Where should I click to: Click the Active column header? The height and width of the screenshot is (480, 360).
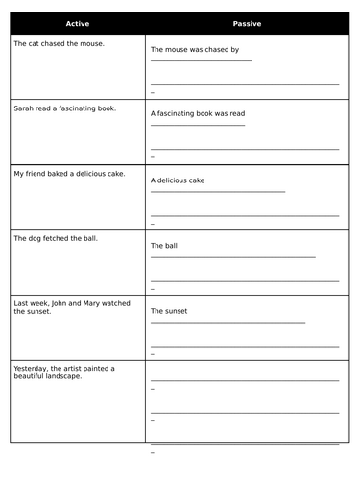coord(78,23)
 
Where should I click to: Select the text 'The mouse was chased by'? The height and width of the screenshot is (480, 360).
coord(195,49)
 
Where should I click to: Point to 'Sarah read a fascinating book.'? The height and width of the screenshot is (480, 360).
coord(65,108)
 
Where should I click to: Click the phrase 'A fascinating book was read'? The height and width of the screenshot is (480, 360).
coord(198,113)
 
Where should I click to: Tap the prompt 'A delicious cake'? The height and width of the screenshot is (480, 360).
coord(178,180)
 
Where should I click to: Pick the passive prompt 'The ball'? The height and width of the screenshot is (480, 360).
coord(164,246)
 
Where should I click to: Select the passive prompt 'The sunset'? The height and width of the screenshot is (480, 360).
coord(169,311)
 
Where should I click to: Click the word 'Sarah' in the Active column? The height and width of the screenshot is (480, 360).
coord(23,108)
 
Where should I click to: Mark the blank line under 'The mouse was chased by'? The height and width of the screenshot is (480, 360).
coord(201,60)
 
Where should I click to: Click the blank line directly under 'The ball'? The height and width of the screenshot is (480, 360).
coord(232,257)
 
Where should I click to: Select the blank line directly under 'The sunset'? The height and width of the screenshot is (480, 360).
coord(228,323)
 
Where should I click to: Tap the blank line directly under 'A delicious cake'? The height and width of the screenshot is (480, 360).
coord(218,191)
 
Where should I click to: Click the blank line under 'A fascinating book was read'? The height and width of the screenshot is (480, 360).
coord(198,125)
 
